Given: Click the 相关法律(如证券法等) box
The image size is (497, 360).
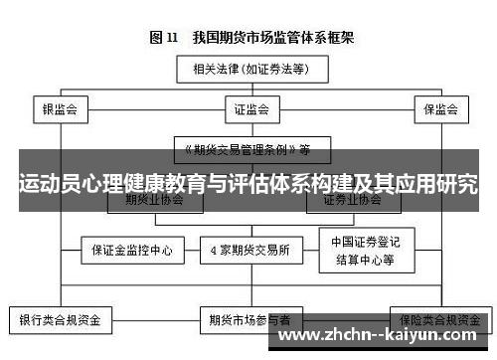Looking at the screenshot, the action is [x=248, y=70].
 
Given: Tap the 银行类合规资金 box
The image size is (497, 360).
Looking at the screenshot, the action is [x=61, y=321].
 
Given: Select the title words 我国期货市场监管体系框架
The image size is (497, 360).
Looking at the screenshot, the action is [x=262, y=38].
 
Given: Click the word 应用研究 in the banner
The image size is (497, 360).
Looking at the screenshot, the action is [x=437, y=184].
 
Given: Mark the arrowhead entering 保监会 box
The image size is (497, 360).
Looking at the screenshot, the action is [x=438, y=94].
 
